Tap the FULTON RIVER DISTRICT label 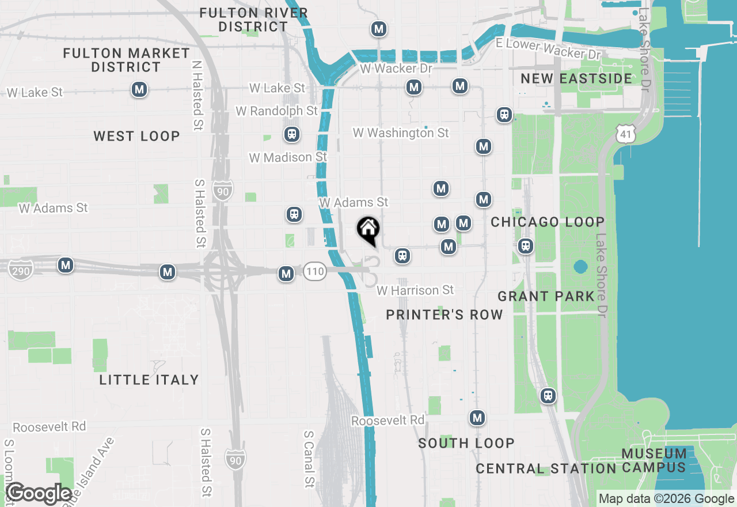pos(254,20)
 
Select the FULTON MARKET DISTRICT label pos(127,60)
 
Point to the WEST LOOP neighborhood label pos(137,136)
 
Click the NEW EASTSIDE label pos(576,78)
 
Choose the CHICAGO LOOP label pos(548,222)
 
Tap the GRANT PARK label pos(546,296)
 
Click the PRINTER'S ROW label pos(445,315)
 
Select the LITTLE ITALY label pos(149,380)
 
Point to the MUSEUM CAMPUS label pos(654,460)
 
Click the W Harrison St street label pos(415,290)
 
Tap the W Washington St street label pos(401,133)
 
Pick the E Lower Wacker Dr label pos(548,48)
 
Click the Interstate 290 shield pos(21,270)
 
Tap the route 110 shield pos(315,271)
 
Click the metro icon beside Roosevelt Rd pos(477,418)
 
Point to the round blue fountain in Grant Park pos(580,267)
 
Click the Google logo pos(39,494)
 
